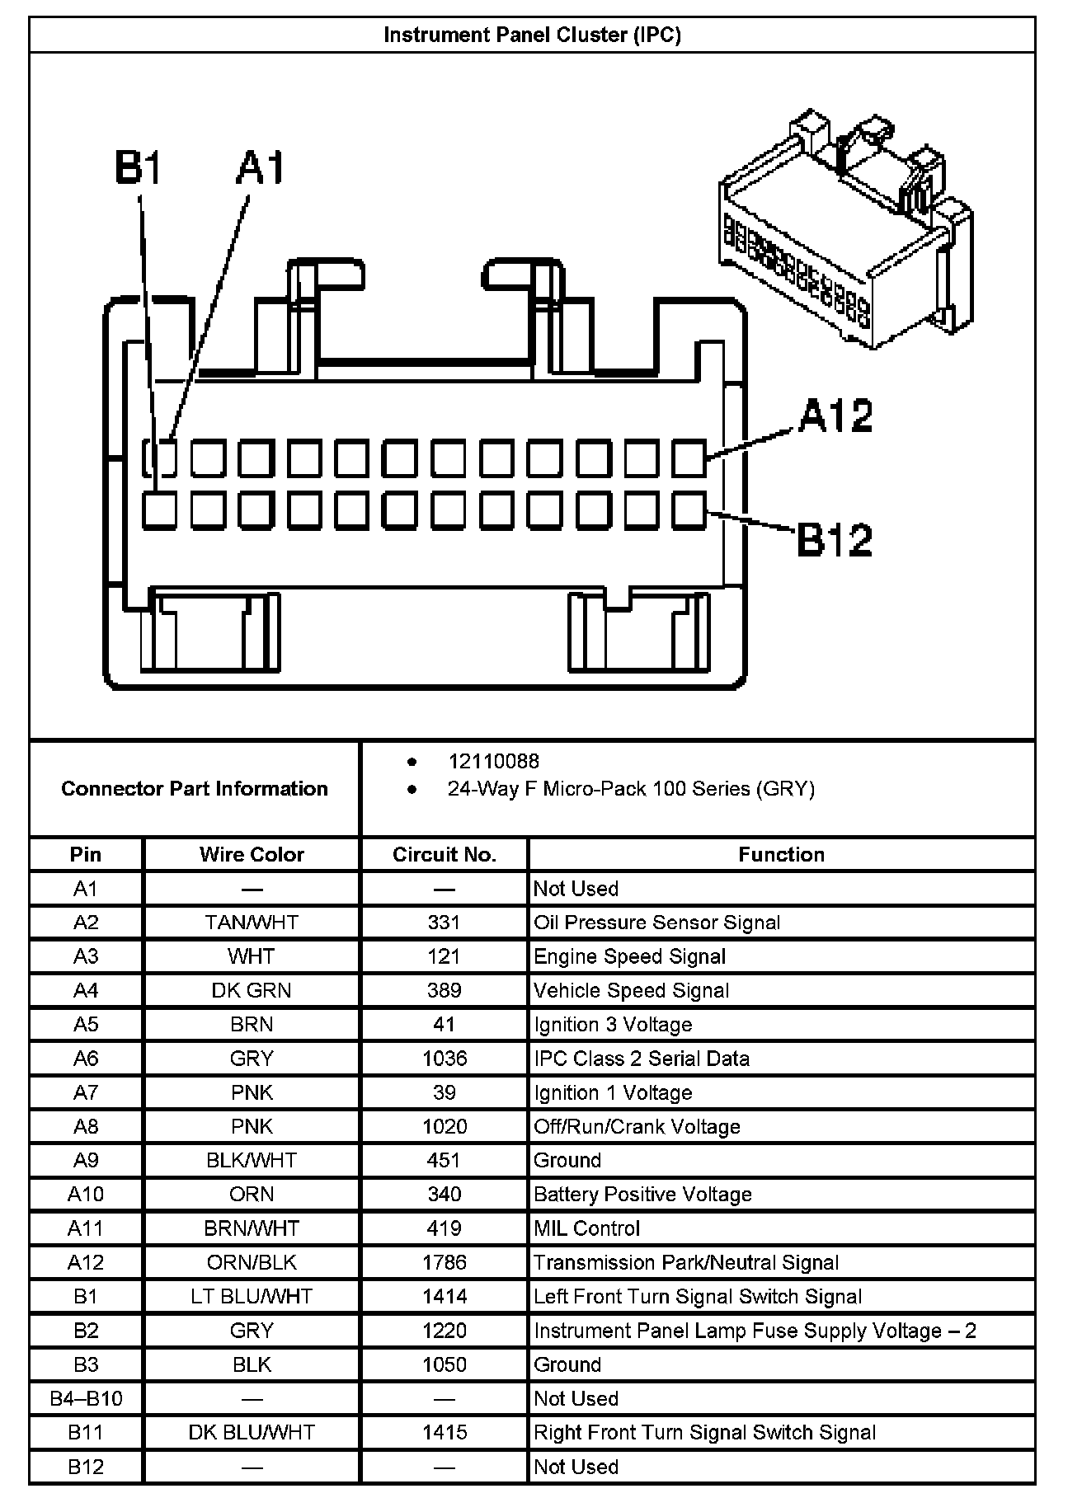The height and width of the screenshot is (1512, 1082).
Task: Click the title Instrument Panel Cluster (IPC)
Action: pyautogui.click(x=532, y=35)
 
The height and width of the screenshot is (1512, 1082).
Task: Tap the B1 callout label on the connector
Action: pyautogui.click(x=138, y=168)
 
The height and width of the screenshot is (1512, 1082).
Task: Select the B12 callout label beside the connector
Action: pyautogui.click(x=834, y=540)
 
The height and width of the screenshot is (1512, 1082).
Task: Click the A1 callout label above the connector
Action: pyautogui.click(x=260, y=168)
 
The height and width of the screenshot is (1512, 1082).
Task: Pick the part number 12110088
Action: pyautogui.click(x=493, y=761)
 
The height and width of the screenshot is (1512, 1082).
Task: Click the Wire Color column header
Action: pyautogui.click(x=252, y=854)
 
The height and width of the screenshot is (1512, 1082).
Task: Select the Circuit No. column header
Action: pyautogui.click(x=444, y=854)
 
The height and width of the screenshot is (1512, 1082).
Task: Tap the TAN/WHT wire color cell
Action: pyautogui.click(x=252, y=923)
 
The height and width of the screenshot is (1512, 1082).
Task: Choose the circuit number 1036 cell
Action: pyautogui.click(x=444, y=1059)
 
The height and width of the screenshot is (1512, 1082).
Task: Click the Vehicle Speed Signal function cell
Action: pyautogui.click(x=631, y=990)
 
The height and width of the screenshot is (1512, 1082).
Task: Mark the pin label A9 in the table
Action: pyautogui.click(x=86, y=1161)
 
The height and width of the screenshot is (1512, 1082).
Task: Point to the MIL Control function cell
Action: pyautogui.click(x=586, y=1228)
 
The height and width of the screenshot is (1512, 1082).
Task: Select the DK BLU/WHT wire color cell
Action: pyautogui.click(x=252, y=1432)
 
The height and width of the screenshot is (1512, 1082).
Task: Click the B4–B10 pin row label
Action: pyautogui.click(x=86, y=1398)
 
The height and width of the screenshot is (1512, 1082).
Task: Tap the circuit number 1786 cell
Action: pyautogui.click(x=444, y=1262)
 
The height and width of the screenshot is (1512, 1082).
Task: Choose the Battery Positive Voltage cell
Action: pyautogui.click(x=642, y=1195)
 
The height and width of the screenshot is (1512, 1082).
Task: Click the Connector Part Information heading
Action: pyautogui.click(x=195, y=789)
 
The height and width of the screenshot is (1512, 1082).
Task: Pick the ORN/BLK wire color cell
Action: pyautogui.click(x=252, y=1262)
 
